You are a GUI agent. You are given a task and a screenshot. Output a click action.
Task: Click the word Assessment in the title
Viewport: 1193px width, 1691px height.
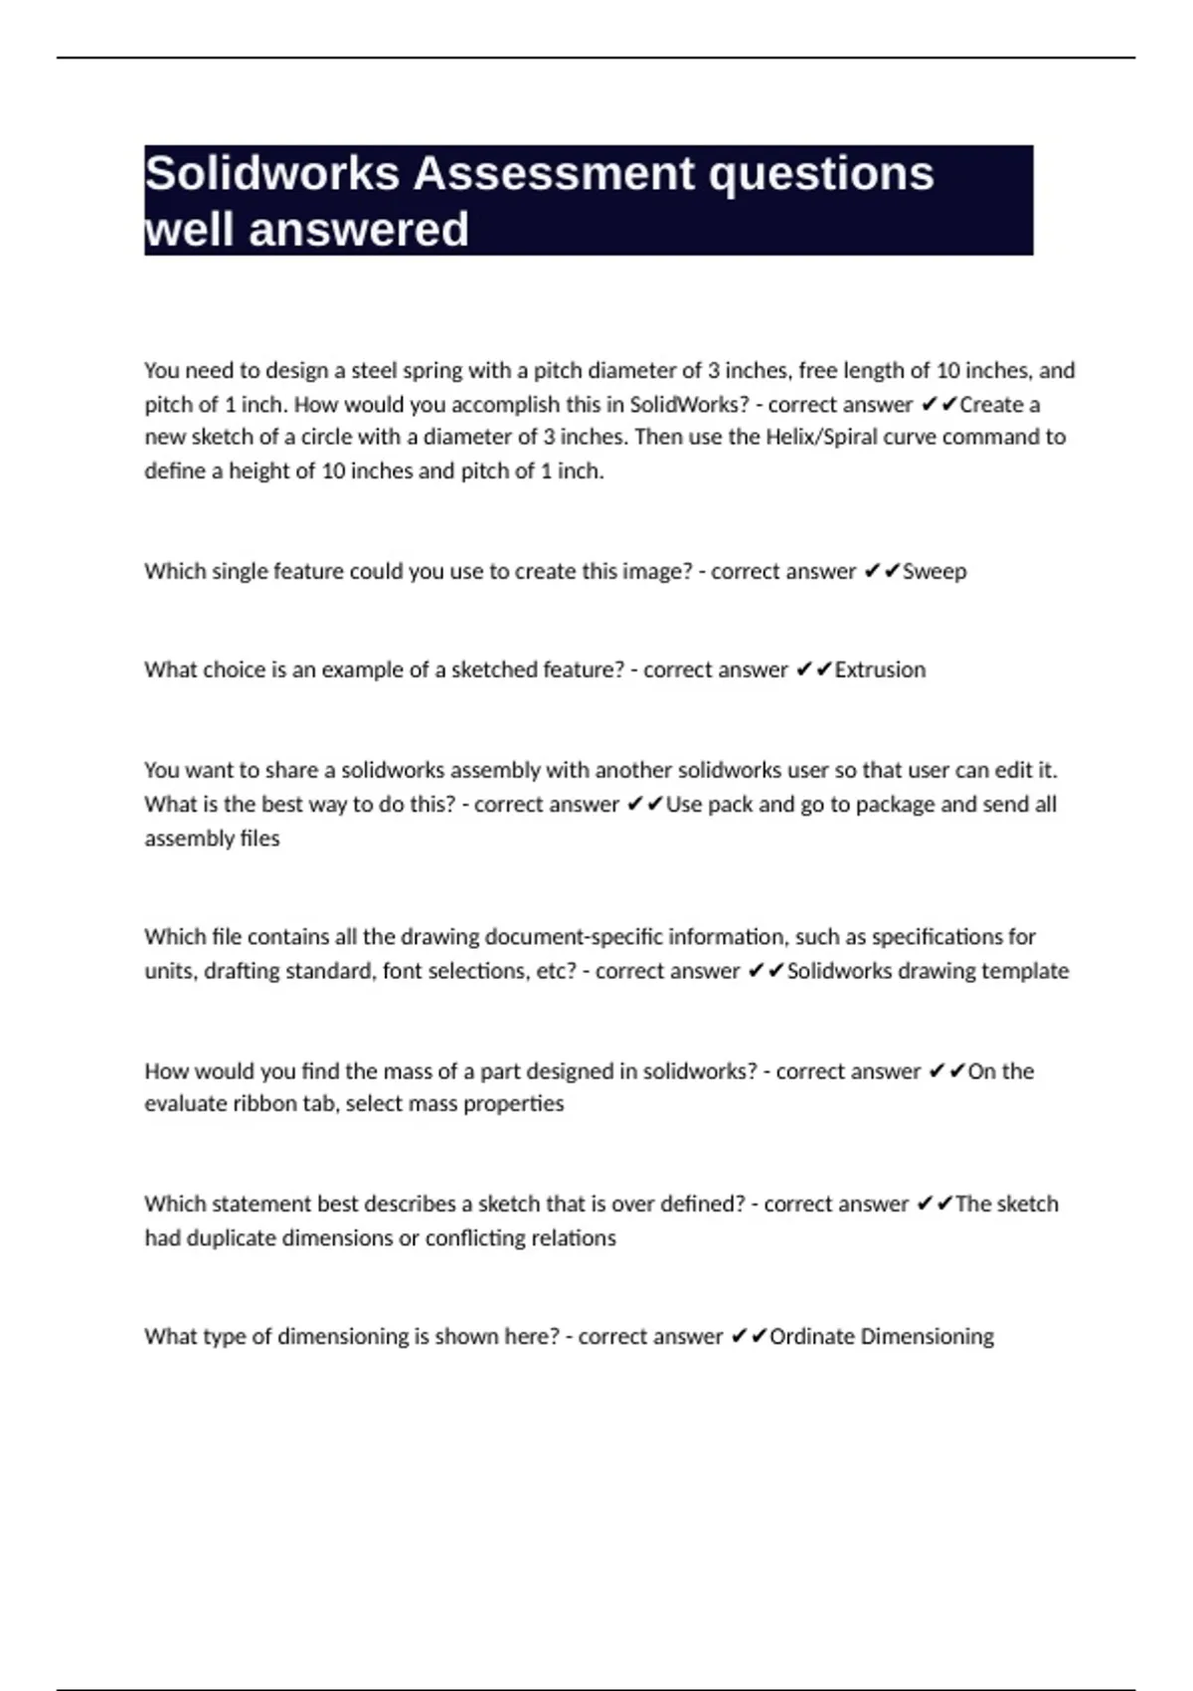(552, 173)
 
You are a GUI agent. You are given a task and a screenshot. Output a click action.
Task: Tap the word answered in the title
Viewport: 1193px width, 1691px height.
(359, 230)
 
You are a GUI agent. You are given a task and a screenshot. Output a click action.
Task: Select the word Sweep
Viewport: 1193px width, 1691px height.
(935, 572)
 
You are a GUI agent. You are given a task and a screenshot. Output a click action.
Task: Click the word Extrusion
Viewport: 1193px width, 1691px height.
(880, 670)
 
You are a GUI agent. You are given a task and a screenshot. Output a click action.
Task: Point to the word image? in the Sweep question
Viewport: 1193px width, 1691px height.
(656, 572)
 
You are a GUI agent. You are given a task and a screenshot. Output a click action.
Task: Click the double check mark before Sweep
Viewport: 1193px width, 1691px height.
(882, 572)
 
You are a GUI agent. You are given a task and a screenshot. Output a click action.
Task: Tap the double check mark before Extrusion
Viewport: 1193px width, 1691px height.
(814, 670)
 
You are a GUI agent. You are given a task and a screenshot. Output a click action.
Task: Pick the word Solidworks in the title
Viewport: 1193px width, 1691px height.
(271, 173)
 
